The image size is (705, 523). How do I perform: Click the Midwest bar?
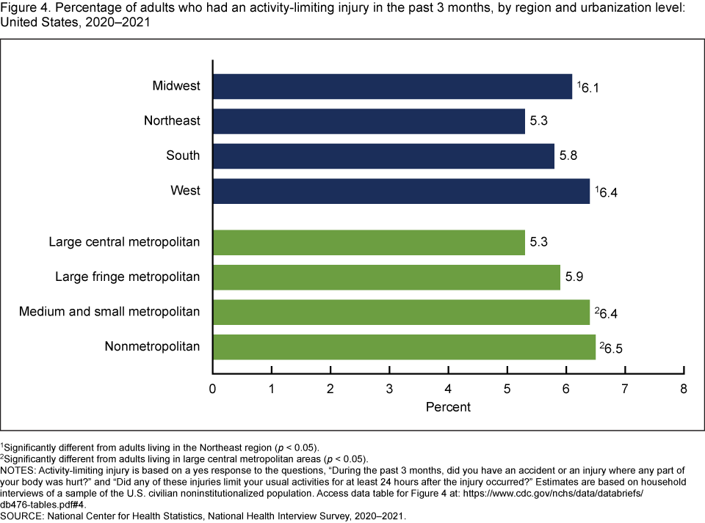tap(392, 87)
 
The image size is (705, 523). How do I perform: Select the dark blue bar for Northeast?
tap(369, 121)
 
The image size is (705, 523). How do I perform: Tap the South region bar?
tap(383, 156)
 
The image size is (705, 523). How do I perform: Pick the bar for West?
tap(401, 191)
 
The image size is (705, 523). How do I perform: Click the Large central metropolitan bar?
tap(369, 242)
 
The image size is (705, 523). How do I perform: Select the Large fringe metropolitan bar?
tap(386, 277)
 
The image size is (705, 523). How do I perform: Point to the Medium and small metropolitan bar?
tap(401, 312)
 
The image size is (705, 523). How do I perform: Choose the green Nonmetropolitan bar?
tap(404, 346)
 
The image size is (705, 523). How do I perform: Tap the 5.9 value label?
tap(574, 277)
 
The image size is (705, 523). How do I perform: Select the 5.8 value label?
tap(568, 156)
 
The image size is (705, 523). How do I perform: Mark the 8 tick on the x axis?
tap(684, 389)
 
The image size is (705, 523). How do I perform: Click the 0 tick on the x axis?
tap(213, 389)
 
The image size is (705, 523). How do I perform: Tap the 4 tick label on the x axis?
tap(448, 389)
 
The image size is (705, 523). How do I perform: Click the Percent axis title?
tap(448, 406)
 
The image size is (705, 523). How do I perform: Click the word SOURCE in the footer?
tap(24, 516)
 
